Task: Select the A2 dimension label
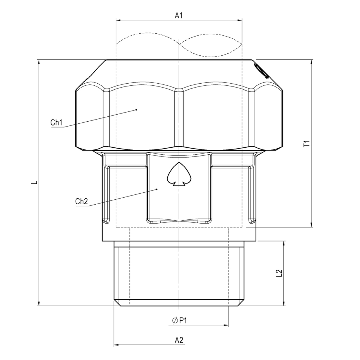[179, 340]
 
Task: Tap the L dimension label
[35, 182]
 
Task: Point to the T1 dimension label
[307, 143]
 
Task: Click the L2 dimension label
[279, 273]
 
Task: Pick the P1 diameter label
[183, 320]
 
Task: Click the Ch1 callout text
[56, 122]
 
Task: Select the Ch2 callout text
[82, 201]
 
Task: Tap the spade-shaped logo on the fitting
[179, 174]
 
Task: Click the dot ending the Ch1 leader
[136, 110]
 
